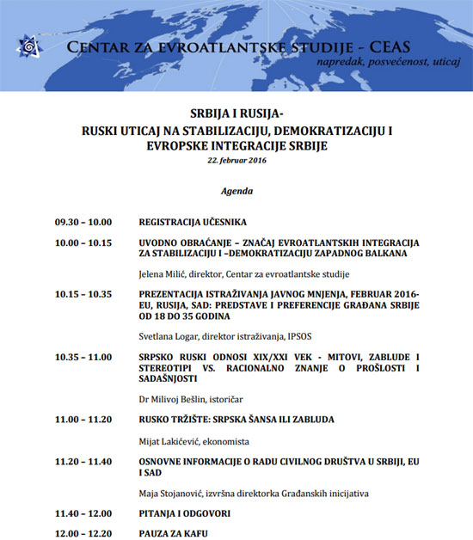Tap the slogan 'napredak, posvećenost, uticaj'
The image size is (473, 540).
click(x=388, y=64)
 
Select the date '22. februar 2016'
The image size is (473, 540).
click(x=236, y=160)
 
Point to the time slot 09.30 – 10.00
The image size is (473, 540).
click(x=83, y=222)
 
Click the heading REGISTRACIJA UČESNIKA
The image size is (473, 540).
click(x=193, y=222)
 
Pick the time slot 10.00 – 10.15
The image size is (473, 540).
click(x=83, y=243)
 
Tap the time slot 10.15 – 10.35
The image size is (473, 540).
click(x=83, y=294)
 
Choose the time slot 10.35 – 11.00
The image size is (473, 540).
click(x=83, y=356)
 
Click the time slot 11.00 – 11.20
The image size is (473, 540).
click(x=83, y=420)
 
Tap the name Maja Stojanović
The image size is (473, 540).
click(x=170, y=494)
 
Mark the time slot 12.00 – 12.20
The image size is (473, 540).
click(x=83, y=533)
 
